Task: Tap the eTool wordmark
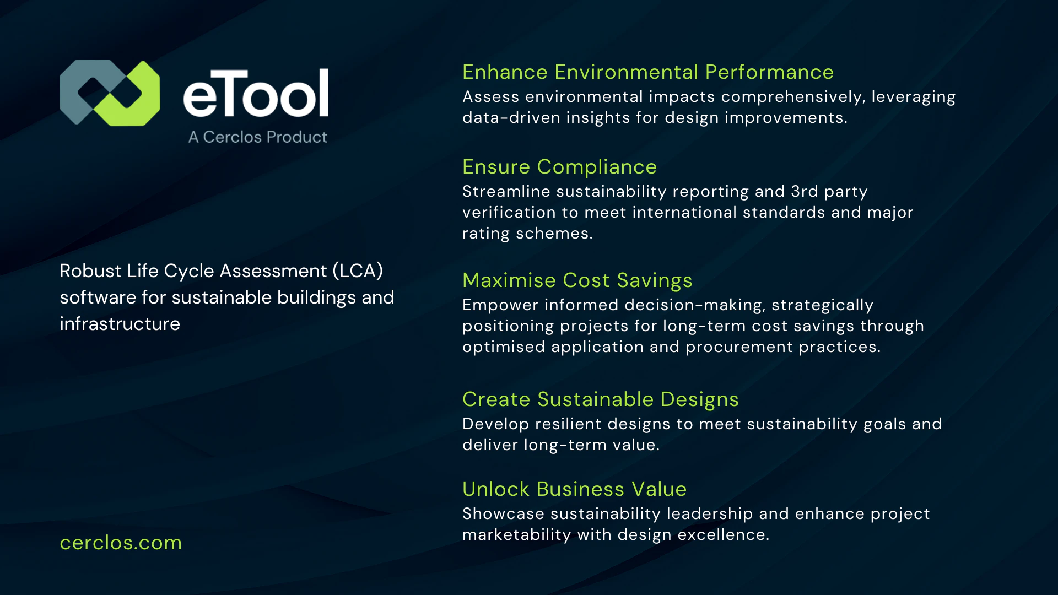click(x=256, y=94)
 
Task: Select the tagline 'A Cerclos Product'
click(x=258, y=137)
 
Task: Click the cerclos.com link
click(x=121, y=543)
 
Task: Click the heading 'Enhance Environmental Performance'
click(x=648, y=72)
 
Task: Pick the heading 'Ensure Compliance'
click(x=559, y=167)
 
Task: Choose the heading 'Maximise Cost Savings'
click(x=577, y=280)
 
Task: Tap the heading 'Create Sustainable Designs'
click(x=600, y=399)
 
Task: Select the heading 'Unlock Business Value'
click(x=574, y=489)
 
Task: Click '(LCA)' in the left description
click(x=358, y=271)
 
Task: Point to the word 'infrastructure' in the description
click(x=120, y=324)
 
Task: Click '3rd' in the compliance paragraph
click(x=804, y=191)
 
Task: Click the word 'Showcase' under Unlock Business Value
click(x=503, y=513)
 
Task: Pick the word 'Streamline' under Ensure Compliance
click(x=506, y=191)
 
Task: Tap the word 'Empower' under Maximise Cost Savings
click(x=500, y=305)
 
